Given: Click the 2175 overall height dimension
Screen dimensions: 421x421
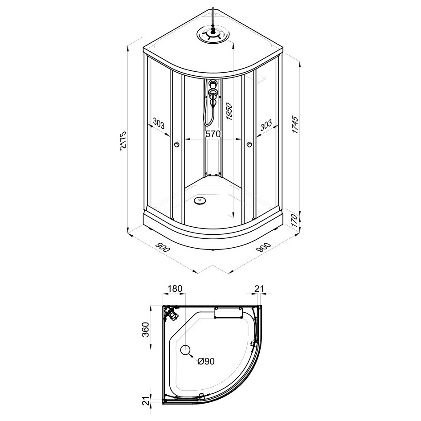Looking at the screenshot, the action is [123, 140].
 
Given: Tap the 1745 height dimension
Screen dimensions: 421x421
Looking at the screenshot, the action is [295, 125].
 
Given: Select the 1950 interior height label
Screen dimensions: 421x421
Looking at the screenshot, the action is [229, 111].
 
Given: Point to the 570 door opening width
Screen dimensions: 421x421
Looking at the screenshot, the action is [213, 134].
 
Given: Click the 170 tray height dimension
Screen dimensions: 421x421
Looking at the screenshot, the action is [294, 221].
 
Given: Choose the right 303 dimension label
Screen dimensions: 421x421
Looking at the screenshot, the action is [266, 125].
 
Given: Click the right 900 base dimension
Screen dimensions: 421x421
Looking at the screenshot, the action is [263, 247].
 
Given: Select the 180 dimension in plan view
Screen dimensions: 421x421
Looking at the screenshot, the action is [175, 289].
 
